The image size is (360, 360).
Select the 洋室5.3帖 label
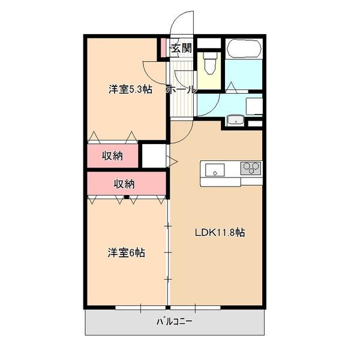[130, 90]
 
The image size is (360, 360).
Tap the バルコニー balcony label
[175, 322]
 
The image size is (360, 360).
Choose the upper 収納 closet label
[112, 157]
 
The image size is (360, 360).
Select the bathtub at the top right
[244, 48]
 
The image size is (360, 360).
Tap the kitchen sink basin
[215, 169]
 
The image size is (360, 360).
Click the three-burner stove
[251, 168]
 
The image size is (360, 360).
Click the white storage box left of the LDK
[153, 157]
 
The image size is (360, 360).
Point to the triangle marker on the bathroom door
[231, 90]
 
